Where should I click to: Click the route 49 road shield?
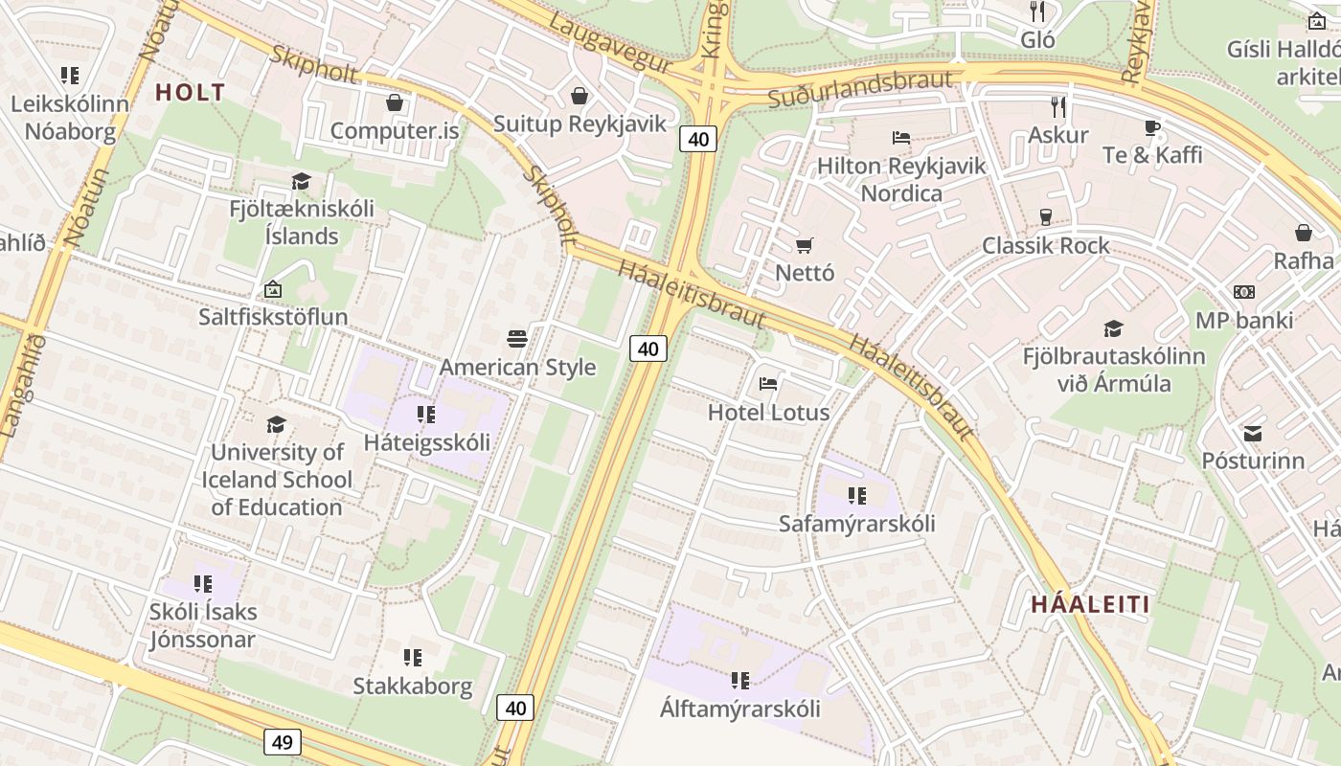282,741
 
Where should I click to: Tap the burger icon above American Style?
517,339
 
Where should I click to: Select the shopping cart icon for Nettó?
805,245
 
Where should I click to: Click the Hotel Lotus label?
768,413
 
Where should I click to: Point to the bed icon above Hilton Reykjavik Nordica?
900,138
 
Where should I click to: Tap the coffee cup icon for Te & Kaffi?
1152,127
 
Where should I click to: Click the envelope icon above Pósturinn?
1252,434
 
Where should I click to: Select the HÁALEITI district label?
1090,604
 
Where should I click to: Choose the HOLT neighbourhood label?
190,93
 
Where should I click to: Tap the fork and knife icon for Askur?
1057,106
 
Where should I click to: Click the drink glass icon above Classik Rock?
1045,217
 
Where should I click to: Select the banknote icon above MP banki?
1243,292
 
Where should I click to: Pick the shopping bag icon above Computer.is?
394,102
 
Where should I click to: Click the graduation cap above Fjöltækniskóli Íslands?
302,181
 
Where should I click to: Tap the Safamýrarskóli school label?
856,524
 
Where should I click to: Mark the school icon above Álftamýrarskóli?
739,681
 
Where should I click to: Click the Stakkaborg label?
413,686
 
